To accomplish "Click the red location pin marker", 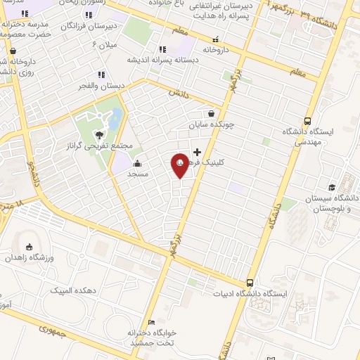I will pos(180,165).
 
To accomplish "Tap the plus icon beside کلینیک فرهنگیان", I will pos(197,152).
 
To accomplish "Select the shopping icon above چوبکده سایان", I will pos(211,113).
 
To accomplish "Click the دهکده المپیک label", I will pos(73,290).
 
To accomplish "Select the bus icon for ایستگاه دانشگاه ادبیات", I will pos(250,283).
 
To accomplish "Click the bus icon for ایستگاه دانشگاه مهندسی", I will pos(307,121).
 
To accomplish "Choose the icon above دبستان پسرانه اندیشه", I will pos(162,49).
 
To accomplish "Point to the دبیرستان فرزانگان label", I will pos(88,26).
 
